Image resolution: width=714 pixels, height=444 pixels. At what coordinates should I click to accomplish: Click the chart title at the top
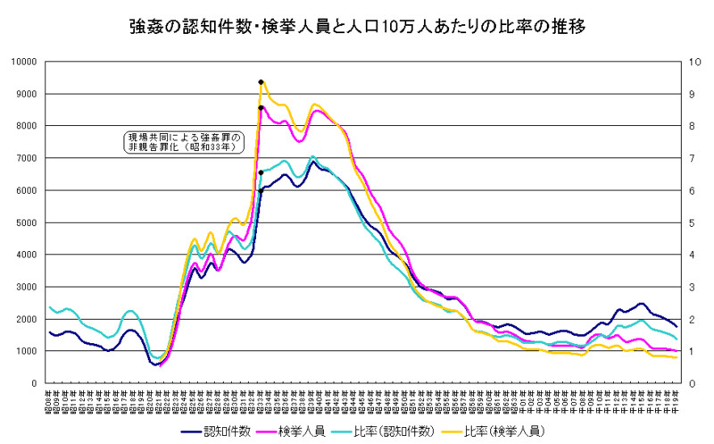coord(356,26)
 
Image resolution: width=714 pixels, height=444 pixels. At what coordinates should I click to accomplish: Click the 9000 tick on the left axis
coord(25,94)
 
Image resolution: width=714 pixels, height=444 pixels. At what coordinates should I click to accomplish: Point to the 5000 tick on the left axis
coord(25,222)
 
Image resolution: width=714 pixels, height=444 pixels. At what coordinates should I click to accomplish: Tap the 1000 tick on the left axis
coord(25,351)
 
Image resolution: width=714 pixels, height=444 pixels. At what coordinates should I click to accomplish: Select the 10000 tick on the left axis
coord(22,62)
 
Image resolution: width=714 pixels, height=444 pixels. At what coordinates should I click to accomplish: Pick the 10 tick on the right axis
coord(686,62)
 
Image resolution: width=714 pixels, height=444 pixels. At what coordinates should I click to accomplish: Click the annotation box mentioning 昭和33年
coord(183,142)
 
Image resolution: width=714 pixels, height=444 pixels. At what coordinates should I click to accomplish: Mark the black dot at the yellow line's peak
coord(261,82)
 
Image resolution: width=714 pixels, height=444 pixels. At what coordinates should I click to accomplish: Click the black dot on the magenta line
coord(261,108)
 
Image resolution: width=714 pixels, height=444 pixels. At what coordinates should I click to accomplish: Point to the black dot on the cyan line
coord(261,172)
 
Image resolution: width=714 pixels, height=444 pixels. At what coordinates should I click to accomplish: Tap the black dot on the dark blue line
coord(261,190)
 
